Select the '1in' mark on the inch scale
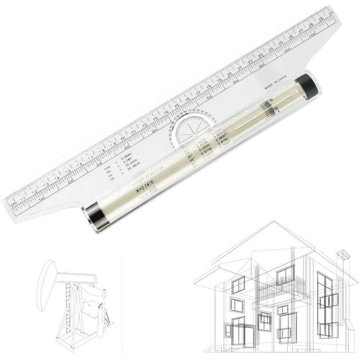(x=41, y=200)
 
